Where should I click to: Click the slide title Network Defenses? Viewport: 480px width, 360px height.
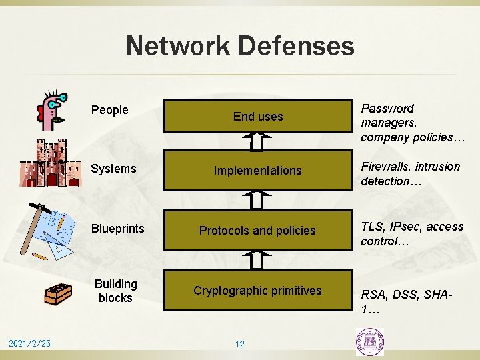tap(240, 46)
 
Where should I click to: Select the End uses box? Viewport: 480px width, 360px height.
tap(258, 116)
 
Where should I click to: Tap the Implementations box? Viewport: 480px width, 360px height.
tap(258, 171)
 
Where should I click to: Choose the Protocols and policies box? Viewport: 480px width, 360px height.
tap(258, 231)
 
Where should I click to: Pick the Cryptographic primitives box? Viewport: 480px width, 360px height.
tap(258, 291)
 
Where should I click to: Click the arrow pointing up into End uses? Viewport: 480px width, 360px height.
tap(258, 141)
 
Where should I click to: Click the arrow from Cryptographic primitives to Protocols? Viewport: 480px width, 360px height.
tap(258, 259)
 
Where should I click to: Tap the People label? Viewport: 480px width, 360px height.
tap(109, 110)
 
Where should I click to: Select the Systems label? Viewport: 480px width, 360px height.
tap(113, 169)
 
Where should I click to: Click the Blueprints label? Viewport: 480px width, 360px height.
tap(117, 229)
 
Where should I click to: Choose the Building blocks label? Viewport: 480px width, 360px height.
tap(115, 291)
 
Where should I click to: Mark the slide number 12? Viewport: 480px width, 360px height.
tap(240, 344)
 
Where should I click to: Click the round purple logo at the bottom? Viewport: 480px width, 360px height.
tap(370, 342)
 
